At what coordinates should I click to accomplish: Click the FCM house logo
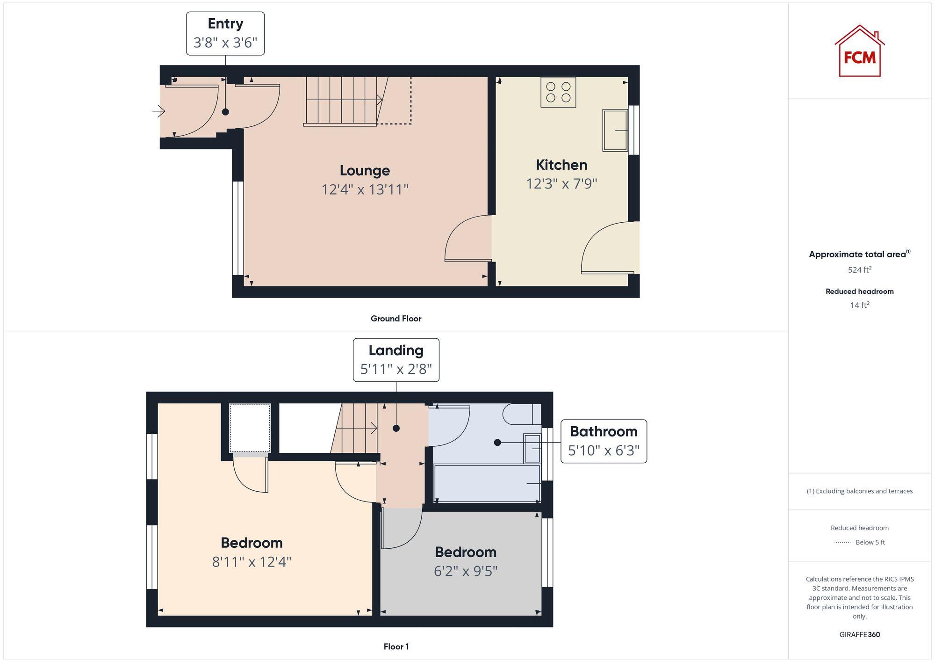859,51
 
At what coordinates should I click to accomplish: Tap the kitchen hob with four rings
558,92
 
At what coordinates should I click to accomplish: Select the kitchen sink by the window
615,130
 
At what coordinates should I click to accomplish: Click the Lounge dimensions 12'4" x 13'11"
365,189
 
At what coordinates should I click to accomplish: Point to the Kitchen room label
561,165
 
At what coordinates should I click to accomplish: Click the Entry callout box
225,34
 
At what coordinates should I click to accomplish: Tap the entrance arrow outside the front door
159,111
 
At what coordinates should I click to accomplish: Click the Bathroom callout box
603,441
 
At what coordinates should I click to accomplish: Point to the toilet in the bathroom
522,414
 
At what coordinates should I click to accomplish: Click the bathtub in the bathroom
487,483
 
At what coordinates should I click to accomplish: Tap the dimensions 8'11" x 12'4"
252,561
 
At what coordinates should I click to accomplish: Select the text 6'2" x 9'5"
465,571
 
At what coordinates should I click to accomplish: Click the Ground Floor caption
396,319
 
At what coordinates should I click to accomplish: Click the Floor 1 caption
396,647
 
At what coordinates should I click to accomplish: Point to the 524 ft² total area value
859,270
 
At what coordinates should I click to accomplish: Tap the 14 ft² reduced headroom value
859,305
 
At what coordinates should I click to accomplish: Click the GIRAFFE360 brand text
859,634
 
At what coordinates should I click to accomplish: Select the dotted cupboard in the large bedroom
250,428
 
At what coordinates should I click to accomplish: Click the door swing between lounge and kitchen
467,239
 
